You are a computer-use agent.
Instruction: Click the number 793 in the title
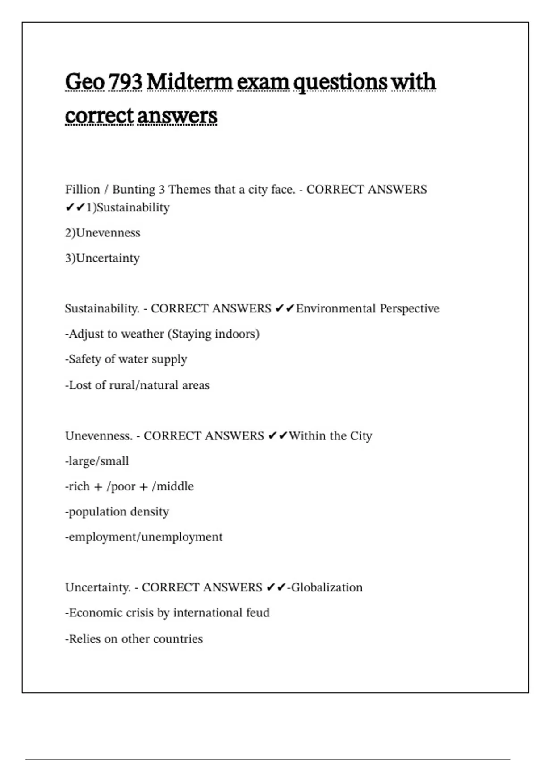click(125, 82)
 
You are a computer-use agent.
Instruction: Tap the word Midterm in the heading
click(189, 82)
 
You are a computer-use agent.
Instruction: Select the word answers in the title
click(177, 116)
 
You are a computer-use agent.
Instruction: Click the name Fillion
click(83, 190)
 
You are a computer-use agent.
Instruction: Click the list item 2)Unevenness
click(103, 233)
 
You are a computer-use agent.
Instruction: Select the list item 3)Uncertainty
click(102, 258)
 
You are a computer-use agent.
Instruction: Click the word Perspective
click(410, 309)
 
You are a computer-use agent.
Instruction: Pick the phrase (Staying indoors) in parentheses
click(214, 334)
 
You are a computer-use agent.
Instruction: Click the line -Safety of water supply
click(126, 359)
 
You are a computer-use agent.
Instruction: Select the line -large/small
click(97, 461)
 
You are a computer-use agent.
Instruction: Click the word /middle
click(173, 486)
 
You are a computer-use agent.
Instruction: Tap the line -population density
click(117, 512)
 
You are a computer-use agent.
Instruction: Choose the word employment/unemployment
click(145, 537)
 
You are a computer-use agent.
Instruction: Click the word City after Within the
click(361, 436)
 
